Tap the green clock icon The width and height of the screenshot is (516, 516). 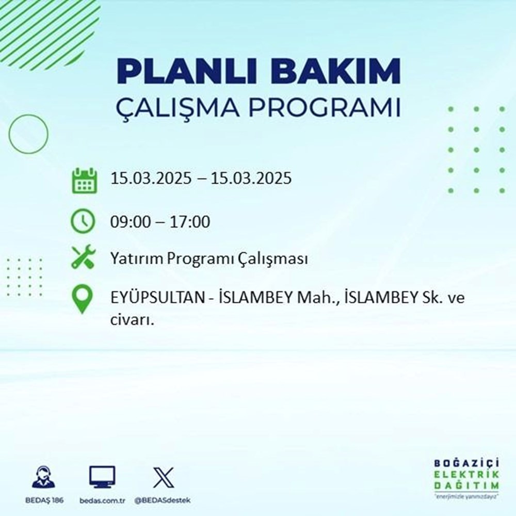83,222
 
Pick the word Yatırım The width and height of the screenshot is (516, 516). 135,259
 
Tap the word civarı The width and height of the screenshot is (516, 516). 133,320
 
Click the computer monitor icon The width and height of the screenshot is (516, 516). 102,478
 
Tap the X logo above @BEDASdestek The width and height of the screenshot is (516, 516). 163,478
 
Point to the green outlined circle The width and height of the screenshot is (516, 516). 28,133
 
